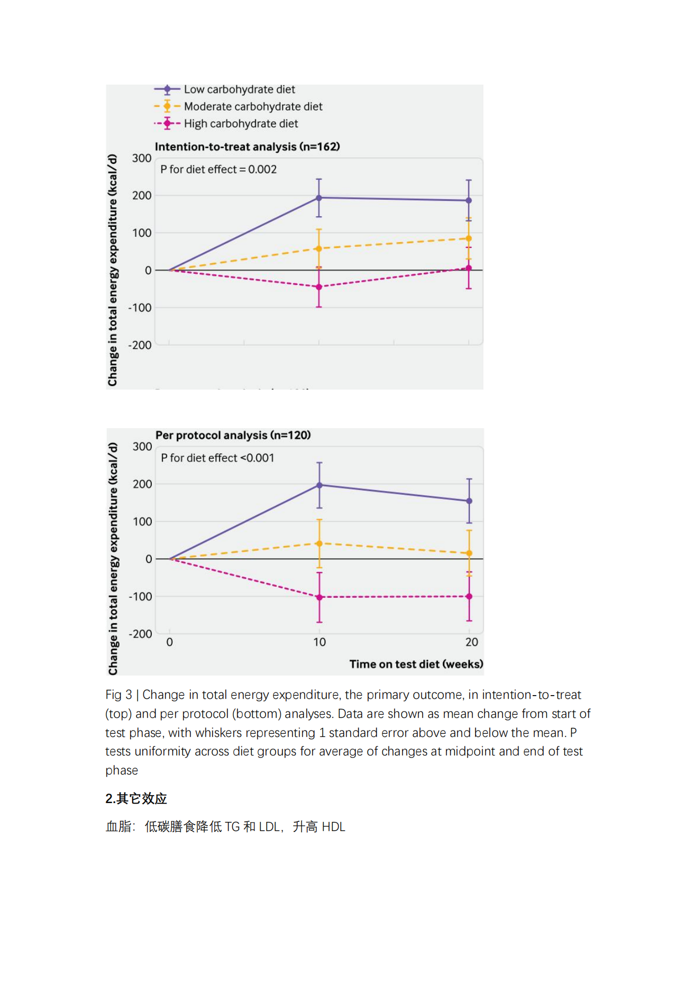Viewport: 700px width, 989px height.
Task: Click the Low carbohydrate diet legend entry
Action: click(x=225, y=89)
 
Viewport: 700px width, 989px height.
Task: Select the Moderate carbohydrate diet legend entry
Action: click(x=238, y=106)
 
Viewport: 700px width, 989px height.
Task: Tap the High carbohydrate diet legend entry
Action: click(x=226, y=124)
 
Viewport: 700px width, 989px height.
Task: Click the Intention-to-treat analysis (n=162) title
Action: click(x=247, y=146)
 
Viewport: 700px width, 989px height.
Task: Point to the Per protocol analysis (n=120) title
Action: click(x=233, y=435)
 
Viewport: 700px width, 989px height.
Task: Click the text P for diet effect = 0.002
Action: click(x=219, y=169)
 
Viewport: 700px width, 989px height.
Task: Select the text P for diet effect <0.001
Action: click(x=217, y=458)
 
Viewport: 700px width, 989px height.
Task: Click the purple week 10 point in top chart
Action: click(x=319, y=198)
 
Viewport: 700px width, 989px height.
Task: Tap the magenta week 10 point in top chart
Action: click(x=319, y=287)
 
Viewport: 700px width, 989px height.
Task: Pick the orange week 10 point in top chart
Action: click(x=319, y=248)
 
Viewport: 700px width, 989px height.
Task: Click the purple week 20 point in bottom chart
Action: click(x=469, y=501)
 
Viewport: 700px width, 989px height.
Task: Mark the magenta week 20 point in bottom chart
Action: click(x=469, y=596)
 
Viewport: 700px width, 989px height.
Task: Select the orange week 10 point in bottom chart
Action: click(x=319, y=543)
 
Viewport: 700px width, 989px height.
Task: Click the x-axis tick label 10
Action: click(x=320, y=642)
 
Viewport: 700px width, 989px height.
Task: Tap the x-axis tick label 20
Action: click(x=471, y=642)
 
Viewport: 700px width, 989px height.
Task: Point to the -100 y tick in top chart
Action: click(x=140, y=308)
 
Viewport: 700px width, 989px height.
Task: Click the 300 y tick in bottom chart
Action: click(x=142, y=447)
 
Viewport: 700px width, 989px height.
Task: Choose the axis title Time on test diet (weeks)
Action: click(x=416, y=664)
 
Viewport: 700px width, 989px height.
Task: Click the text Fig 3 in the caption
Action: click(x=119, y=695)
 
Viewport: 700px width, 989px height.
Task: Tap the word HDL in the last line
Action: click(x=333, y=827)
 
